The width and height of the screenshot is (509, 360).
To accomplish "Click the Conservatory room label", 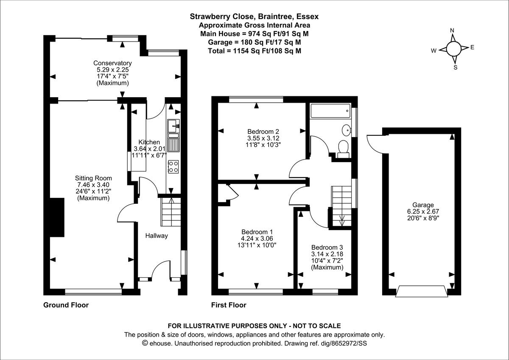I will point(112,63).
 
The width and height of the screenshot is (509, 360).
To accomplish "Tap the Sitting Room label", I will point(93,178).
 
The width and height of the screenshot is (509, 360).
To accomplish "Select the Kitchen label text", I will point(149,142).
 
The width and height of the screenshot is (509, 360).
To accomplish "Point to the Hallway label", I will point(157,236).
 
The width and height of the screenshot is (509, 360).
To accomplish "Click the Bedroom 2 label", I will point(263,131).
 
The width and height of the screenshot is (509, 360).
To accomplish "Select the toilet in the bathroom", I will point(344,147).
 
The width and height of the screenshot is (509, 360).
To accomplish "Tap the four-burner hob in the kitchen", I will point(173,166).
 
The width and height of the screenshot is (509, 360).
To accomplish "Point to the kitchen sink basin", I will point(173,126).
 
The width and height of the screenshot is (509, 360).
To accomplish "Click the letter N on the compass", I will point(452,30).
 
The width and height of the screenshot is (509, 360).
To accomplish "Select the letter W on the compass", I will point(433,51).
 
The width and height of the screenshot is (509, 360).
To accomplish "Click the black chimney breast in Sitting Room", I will point(57,217).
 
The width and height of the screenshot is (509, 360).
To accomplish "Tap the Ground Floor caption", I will point(66,305).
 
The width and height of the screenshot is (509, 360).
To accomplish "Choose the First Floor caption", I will point(229,305).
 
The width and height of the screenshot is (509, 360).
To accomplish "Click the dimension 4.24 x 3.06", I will point(257,239).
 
